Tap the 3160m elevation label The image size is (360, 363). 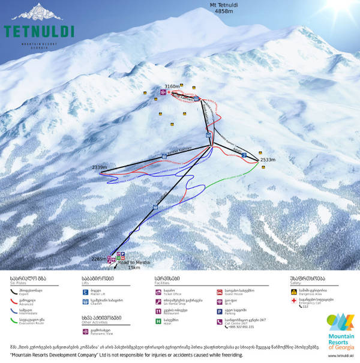172,86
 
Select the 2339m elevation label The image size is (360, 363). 99,167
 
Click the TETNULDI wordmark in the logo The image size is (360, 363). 39,31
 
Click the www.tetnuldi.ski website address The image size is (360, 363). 339,356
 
